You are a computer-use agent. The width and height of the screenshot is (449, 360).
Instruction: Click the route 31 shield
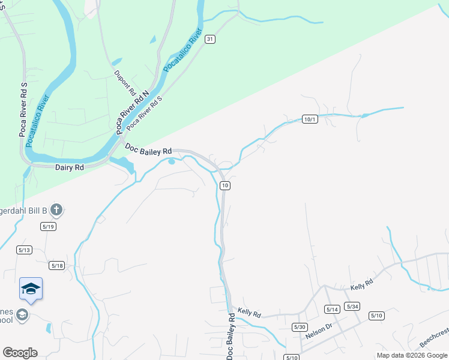pos(209,38)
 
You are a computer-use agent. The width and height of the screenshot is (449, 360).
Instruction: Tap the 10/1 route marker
pos(310,119)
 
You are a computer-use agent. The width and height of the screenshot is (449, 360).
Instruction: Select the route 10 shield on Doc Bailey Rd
pos(224,186)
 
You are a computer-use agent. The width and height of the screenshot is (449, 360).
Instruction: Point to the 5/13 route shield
pos(25,250)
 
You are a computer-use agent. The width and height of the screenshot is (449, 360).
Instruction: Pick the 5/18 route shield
pos(57,265)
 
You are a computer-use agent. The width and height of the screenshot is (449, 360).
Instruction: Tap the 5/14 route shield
pos(332,309)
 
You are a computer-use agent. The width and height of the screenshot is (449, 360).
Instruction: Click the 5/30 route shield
pos(300,326)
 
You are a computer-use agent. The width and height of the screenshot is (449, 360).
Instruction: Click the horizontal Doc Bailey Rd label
pos(148,150)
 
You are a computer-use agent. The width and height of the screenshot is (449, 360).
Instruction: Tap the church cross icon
pos(56,210)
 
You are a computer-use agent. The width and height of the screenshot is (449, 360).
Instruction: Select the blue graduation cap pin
pos(31,289)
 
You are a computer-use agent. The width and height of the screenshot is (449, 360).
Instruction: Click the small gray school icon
pos(22,314)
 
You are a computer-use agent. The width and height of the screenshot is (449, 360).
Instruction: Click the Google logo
pos(20,353)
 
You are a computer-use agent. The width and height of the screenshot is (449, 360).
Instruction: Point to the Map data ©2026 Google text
pos(411,355)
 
